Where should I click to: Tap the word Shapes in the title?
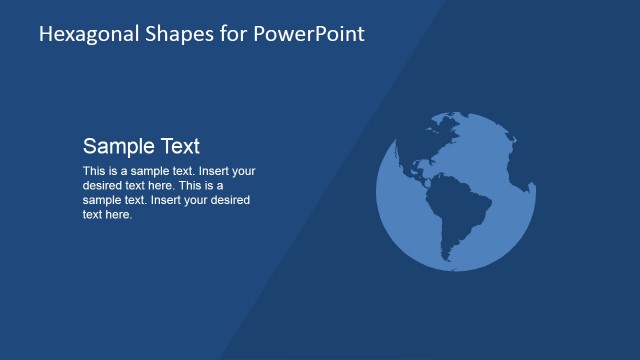tap(170, 34)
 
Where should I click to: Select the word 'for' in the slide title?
tap(222, 34)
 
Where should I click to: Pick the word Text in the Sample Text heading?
tap(176, 146)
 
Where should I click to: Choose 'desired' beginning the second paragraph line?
tap(101, 185)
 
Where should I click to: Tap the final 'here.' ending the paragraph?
tap(119, 214)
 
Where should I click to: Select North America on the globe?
tap(425, 145)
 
